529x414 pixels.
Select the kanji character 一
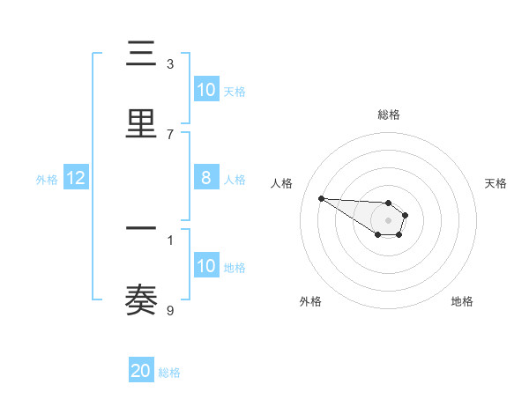pyautogui.click(x=142, y=228)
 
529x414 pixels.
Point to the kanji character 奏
pyautogui.click(x=142, y=299)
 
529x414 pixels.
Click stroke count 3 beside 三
pyautogui.click(x=170, y=64)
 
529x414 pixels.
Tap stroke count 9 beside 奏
pyautogui.click(x=170, y=310)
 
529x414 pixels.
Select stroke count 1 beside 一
pyautogui.click(x=170, y=240)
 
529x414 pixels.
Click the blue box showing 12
pyautogui.click(x=76, y=178)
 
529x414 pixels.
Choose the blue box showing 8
pyautogui.click(x=206, y=178)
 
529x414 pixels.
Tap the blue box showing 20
pyautogui.click(x=141, y=371)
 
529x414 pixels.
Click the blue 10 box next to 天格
pyautogui.click(x=206, y=90)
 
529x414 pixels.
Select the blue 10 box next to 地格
pyautogui.click(x=206, y=266)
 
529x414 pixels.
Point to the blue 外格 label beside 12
pyautogui.click(x=47, y=179)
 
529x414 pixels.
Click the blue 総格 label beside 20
pyautogui.click(x=169, y=373)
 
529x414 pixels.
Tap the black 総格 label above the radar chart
pyautogui.click(x=389, y=115)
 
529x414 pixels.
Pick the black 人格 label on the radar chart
pyautogui.click(x=282, y=183)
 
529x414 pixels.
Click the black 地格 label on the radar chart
pyautogui.click(x=462, y=301)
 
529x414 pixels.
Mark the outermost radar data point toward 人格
pyautogui.click(x=321, y=198)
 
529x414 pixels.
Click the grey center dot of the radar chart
pyautogui.click(x=389, y=219)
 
